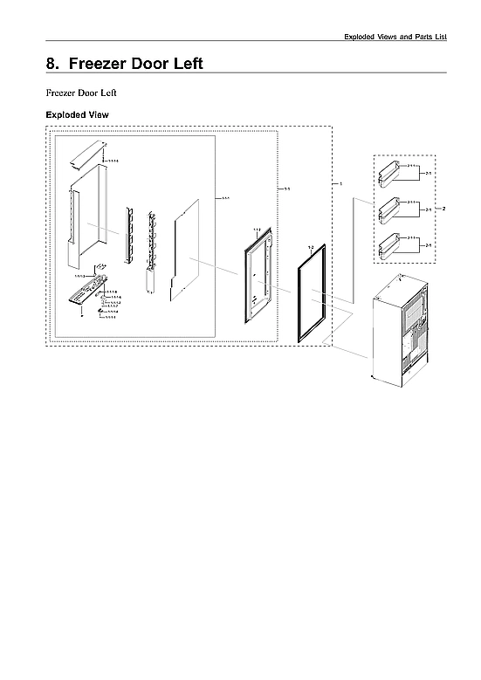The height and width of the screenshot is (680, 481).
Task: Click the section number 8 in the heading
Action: (51, 64)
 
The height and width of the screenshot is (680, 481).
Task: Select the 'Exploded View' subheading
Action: (76, 114)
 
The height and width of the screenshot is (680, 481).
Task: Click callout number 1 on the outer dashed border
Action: (340, 184)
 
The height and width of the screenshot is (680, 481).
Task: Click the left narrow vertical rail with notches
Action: (129, 236)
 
